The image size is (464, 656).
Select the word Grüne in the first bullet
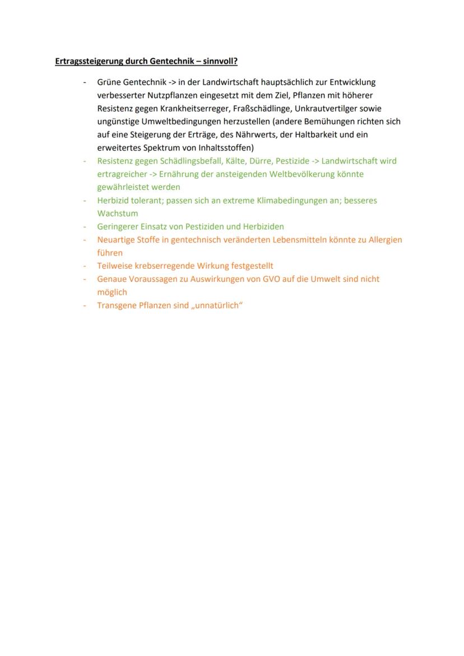tap(109, 82)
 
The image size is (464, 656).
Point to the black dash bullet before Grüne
tap(85, 82)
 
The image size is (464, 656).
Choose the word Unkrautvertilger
tap(326, 109)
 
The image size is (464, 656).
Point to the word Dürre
tap(260, 161)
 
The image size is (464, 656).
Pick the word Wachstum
tap(117, 213)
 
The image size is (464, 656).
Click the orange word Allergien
tap(385, 240)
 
